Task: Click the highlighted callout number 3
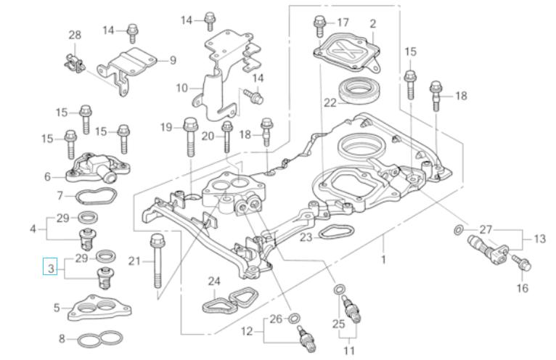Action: pos(50,269)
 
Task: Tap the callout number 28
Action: pos(75,35)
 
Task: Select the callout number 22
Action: pos(330,103)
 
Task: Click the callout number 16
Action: pos(523,288)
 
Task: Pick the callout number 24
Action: pos(213,281)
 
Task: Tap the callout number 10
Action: pos(182,89)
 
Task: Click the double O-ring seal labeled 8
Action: pos(100,338)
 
